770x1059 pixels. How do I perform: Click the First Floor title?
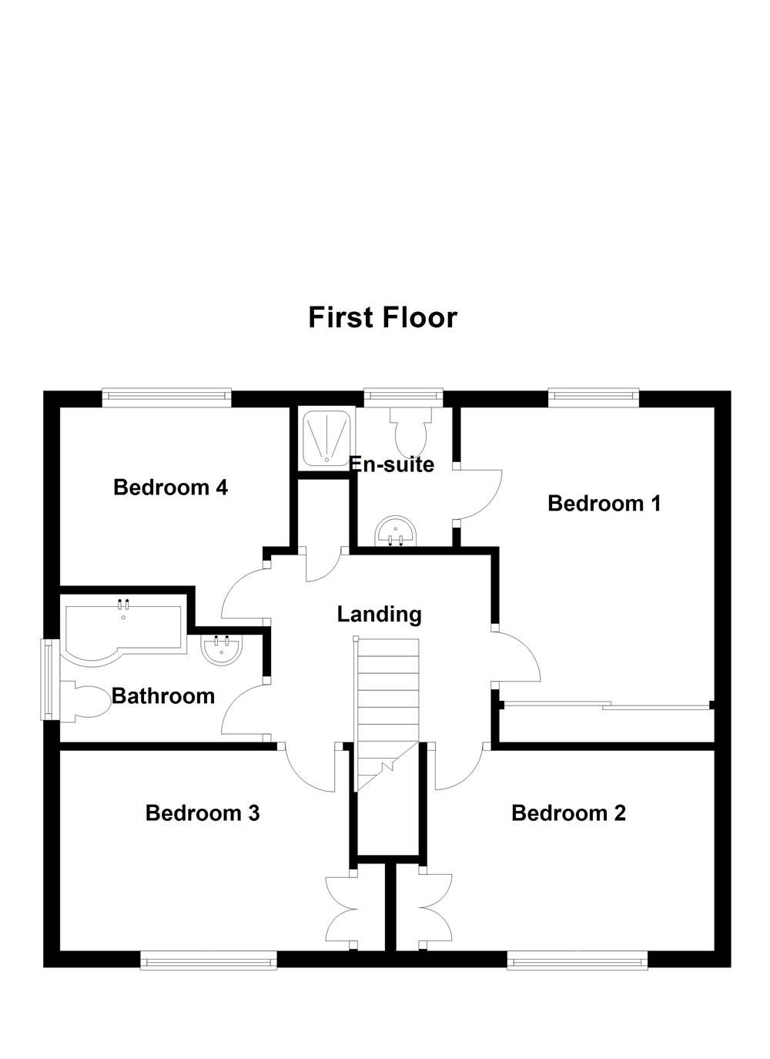383,317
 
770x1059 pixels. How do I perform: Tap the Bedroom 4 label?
170,488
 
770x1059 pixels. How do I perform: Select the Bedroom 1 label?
604,504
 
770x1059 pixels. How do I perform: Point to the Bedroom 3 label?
203,813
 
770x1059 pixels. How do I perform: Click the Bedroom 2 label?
568,813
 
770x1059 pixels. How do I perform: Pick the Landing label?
380,615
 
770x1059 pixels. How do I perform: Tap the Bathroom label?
163,696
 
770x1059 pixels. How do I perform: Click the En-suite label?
392,465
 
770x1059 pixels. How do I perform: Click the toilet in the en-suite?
407,431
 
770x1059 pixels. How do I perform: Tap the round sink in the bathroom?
222,649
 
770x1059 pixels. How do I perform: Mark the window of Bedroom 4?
166,397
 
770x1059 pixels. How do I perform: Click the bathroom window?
49,679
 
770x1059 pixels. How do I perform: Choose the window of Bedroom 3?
209,960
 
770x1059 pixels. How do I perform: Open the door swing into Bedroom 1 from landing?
516,655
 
